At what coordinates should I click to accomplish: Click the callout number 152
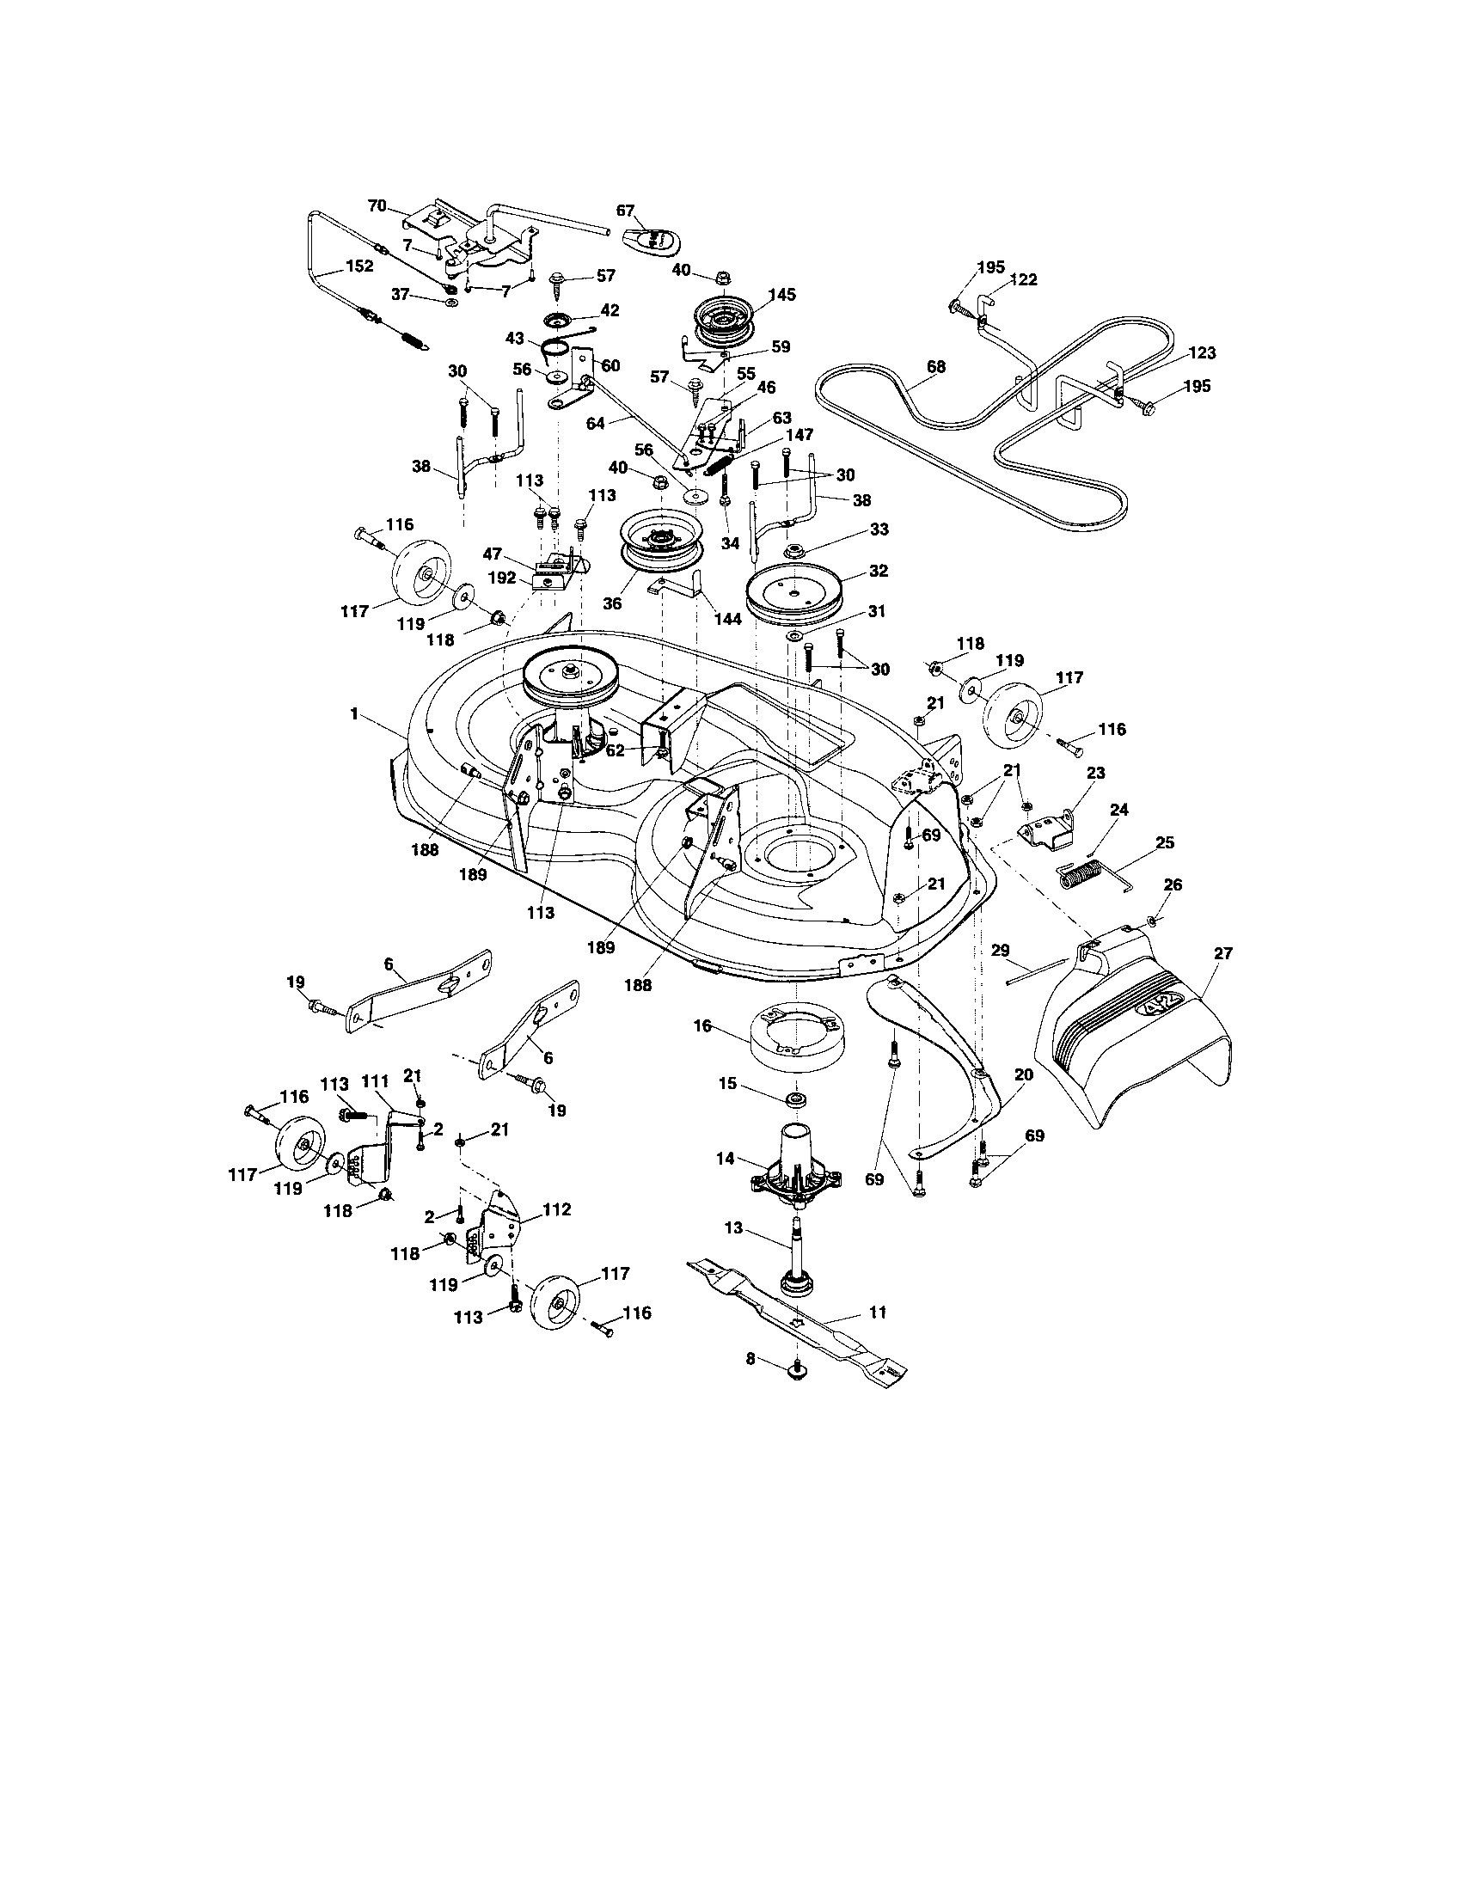[x=358, y=266]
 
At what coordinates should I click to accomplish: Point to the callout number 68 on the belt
[x=935, y=366]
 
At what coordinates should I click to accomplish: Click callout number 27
[x=1222, y=953]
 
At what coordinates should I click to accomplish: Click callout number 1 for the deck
[x=353, y=713]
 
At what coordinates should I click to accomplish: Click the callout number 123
[x=1202, y=352]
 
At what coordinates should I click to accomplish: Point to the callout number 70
[x=377, y=205]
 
